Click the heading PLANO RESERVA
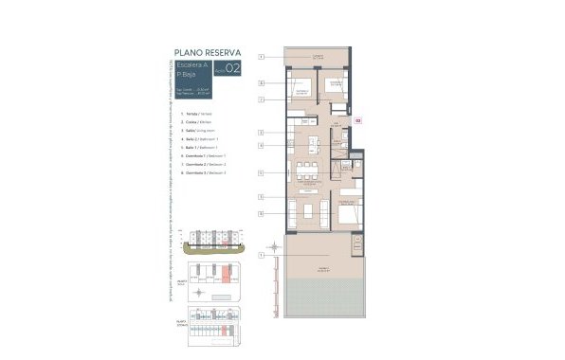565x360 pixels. (207, 52)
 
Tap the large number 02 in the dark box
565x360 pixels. (232, 68)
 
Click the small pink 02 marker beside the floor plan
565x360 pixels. (358, 120)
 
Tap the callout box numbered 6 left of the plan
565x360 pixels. (260, 83)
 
